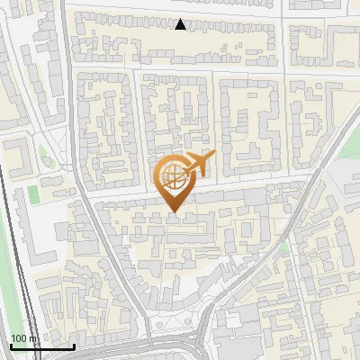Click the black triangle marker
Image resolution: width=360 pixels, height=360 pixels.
pyautogui.click(x=181, y=24)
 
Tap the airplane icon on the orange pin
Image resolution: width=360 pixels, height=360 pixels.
pyautogui.click(x=199, y=163)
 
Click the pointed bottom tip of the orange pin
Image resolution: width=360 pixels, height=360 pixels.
pyautogui.click(x=174, y=211)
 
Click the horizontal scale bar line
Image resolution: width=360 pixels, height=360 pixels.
pyautogui.click(x=42, y=346)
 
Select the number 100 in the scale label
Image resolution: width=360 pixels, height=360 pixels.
pyautogui.click(x=18, y=338)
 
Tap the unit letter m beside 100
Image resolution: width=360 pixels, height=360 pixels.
pyautogui.click(x=32, y=339)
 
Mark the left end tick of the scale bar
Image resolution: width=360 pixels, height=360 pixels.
pyautogui.click(x=11, y=345)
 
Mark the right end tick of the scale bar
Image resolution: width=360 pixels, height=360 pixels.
pyautogui.click(x=74, y=345)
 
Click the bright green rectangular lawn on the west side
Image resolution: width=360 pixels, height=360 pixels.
pyautogui.click(x=34, y=193)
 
